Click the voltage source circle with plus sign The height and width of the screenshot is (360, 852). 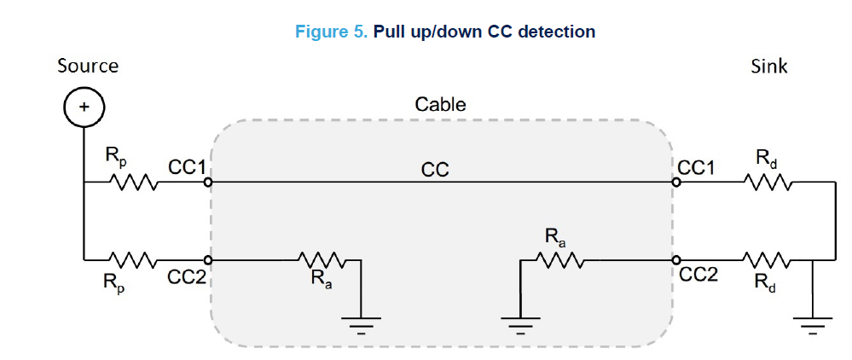[x=84, y=107]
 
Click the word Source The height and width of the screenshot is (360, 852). [x=88, y=66]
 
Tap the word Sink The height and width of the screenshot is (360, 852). [x=769, y=66]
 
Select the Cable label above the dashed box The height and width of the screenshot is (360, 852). [x=440, y=105]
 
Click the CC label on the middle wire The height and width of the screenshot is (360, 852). [x=435, y=171]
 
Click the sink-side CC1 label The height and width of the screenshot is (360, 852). [x=697, y=167]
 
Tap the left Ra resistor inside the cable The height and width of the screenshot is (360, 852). [x=323, y=259]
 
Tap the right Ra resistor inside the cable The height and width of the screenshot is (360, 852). [x=559, y=259]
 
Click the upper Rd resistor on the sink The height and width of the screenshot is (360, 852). [x=768, y=182]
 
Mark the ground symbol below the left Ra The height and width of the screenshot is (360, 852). [x=362, y=322]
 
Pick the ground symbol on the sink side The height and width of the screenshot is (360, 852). [x=813, y=322]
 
